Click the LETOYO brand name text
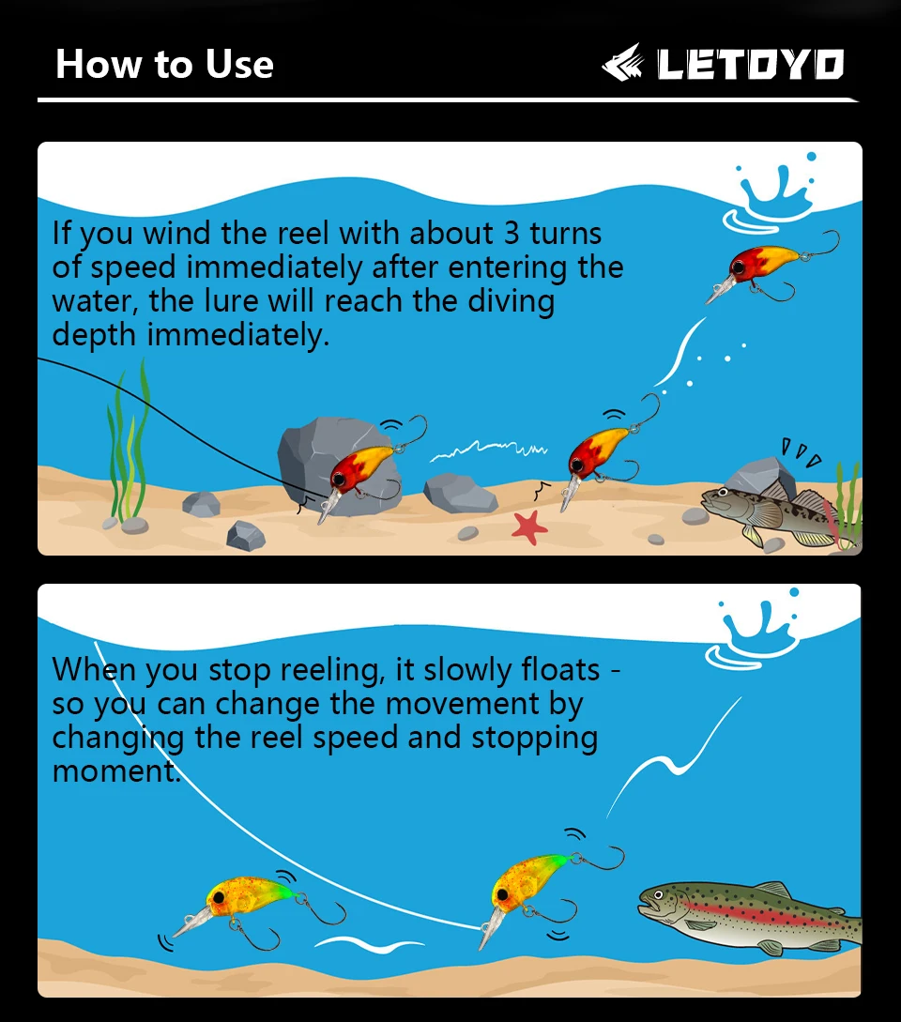pos(750,64)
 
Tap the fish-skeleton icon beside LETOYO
pos(622,63)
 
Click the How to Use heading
pos(164,64)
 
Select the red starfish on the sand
pos(528,526)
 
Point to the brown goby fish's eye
pos(722,492)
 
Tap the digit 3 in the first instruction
pos(512,234)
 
